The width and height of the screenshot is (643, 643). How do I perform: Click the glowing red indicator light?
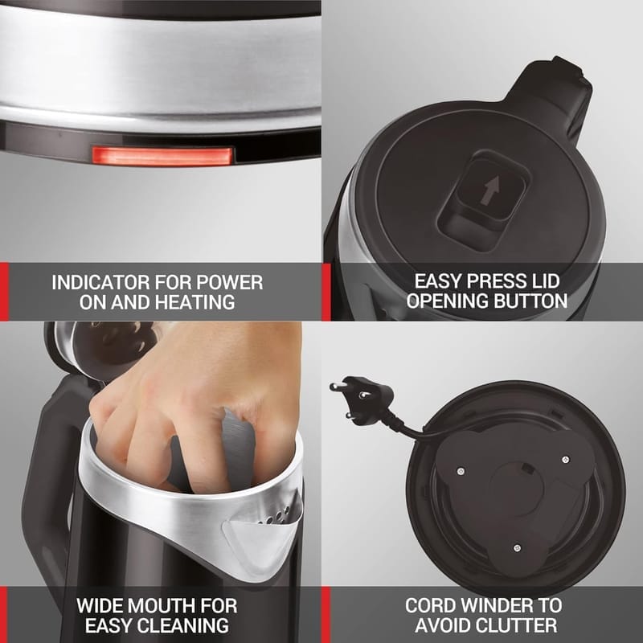162,156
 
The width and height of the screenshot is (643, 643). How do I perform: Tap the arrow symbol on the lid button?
490,191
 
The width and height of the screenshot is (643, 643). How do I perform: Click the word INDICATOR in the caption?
100,283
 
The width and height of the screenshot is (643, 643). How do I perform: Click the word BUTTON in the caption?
530,301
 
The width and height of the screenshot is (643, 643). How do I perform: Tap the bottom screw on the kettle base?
517,548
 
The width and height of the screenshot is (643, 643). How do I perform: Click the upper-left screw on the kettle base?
461,471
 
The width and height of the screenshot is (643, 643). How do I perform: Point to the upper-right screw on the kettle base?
566,459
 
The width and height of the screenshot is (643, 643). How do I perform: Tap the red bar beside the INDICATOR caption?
4,292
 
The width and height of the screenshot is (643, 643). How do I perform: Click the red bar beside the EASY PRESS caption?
326,292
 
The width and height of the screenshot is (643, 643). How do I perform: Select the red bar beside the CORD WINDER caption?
326,615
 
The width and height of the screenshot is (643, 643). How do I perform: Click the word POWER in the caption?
229,283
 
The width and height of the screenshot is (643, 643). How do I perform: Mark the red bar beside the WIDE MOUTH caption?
4,615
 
